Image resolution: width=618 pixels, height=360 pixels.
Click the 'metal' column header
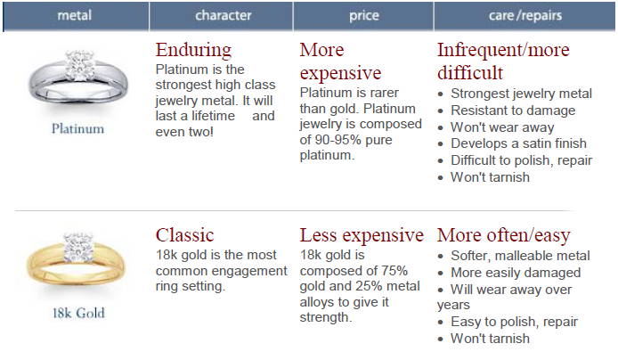[74, 15]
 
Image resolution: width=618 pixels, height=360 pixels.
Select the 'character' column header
[224, 15]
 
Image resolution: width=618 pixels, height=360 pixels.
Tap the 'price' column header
[364, 16]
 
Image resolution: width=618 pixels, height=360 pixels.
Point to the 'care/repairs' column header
[525, 15]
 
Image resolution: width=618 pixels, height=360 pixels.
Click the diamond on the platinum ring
[80, 65]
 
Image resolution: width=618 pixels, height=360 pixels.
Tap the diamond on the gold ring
[79, 248]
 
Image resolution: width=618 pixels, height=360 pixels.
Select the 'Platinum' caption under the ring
[78, 128]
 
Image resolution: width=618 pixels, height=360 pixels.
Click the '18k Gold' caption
[79, 313]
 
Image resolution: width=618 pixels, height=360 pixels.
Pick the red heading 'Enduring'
[193, 51]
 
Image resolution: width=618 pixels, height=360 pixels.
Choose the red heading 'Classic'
[185, 235]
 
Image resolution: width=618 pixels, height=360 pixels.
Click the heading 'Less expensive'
[362, 235]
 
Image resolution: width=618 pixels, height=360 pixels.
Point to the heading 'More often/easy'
[504, 235]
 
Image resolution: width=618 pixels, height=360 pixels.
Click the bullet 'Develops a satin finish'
[518, 143]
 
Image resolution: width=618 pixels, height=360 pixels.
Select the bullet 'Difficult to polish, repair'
[522, 160]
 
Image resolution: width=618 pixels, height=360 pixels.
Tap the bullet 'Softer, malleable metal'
[520, 256]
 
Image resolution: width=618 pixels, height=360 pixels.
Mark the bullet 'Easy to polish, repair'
[515, 322]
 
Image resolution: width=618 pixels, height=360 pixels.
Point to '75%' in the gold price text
[394, 271]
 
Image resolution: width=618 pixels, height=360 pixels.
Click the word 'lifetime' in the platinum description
[213, 116]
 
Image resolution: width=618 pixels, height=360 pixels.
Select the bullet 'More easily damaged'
[516, 273]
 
